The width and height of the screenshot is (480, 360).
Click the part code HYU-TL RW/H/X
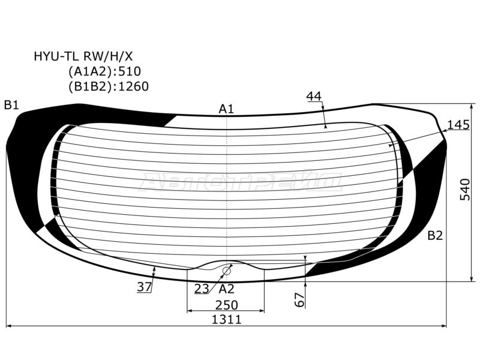click(x=83, y=56)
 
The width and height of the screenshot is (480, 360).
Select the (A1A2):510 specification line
click(x=104, y=71)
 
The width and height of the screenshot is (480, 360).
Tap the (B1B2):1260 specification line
click(x=109, y=86)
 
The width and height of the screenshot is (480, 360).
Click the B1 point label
click(x=11, y=106)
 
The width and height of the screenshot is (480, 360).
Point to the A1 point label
click(x=227, y=109)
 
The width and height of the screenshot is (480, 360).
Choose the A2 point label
click(x=227, y=289)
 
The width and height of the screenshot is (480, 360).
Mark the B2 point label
click(x=435, y=236)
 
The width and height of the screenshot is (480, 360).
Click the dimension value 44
click(x=314, y=97)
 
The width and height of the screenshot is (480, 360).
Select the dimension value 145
click(x=458, y=125)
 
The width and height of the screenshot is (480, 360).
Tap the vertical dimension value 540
click(x=465, y=190)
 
